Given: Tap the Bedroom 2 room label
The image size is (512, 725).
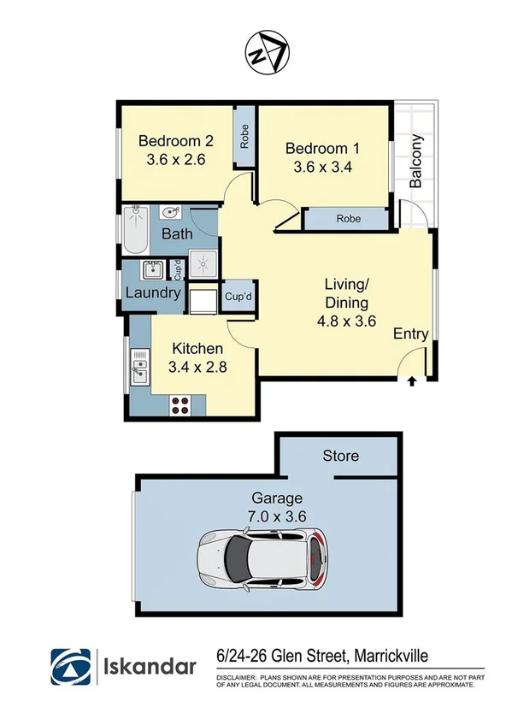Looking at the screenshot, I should coord(175,141).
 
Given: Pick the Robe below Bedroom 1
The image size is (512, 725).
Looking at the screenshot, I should coord(347,219).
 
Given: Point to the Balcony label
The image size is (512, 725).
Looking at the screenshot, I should coord(416,162).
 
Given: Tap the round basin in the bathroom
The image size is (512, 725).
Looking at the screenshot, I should coord(168,212).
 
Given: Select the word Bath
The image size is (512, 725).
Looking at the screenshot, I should coord(176,233).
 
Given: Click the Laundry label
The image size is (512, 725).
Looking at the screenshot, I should coord(153,293).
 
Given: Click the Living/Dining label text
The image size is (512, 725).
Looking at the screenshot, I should coord(346,293).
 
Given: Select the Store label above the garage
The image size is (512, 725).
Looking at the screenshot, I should coord(340,456).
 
